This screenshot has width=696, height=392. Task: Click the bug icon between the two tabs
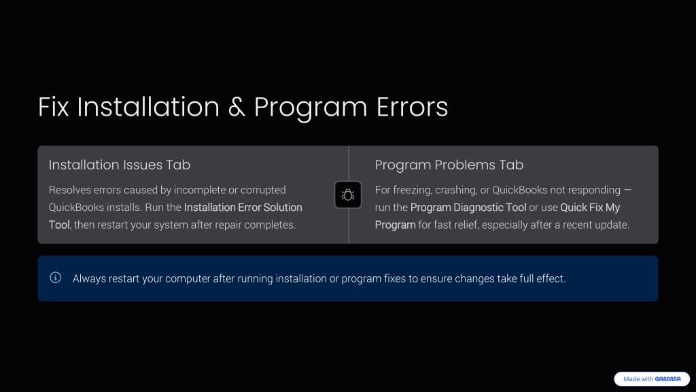348,195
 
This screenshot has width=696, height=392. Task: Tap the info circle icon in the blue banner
56,278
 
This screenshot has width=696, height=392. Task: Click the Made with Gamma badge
652,379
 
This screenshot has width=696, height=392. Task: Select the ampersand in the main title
237,107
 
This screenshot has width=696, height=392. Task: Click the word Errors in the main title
412,107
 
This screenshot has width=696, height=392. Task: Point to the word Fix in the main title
53,107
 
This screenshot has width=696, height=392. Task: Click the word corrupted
263,191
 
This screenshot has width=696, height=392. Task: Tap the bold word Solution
283,208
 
